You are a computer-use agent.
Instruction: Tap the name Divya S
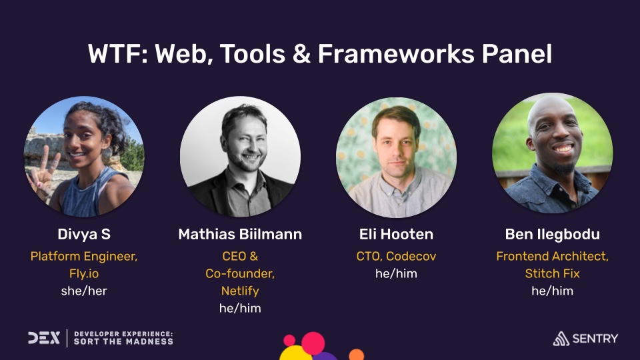83,234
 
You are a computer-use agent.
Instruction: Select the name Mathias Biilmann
240,234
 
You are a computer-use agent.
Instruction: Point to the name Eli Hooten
396,234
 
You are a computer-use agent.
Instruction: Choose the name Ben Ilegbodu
552,234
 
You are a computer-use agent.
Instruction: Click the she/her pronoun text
83,291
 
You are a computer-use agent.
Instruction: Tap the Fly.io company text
83,273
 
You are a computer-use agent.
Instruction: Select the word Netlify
240,291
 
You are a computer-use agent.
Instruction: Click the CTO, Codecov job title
396,256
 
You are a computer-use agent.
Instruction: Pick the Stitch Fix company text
552,273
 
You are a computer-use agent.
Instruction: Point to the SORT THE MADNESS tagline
123,341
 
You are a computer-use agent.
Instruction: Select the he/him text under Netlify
240,308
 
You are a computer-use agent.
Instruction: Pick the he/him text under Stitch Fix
552,291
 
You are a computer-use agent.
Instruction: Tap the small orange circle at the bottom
357,354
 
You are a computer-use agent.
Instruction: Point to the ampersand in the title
301,54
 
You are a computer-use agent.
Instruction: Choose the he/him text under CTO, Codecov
396,273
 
